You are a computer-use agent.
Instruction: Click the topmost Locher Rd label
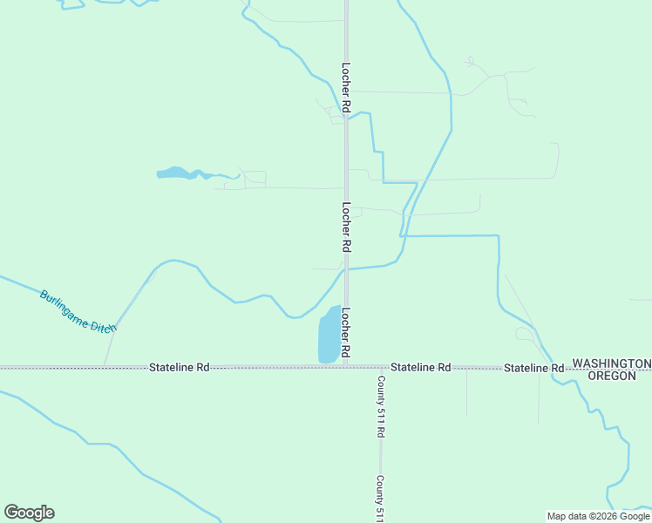click(346, 87)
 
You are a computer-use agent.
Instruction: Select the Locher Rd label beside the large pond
click(346, 332)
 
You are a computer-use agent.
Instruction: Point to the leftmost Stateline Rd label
click(179, 368)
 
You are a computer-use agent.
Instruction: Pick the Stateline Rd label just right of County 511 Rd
click(420, 368)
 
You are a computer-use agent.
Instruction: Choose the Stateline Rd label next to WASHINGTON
click(533, 369)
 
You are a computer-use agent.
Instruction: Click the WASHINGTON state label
click(611, 363)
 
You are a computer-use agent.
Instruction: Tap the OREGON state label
click(618, 376)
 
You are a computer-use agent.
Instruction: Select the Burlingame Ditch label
click(78, 310)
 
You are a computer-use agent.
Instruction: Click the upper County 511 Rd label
click(381, 406)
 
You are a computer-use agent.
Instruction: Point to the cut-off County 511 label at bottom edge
click(381, 499)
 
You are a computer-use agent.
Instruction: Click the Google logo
click(29, 513)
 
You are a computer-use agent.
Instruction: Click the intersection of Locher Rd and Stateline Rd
click(346, 367)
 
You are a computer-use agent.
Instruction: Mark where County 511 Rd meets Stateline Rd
click(380, 367)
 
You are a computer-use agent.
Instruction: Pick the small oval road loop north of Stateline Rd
click(526, 333)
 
